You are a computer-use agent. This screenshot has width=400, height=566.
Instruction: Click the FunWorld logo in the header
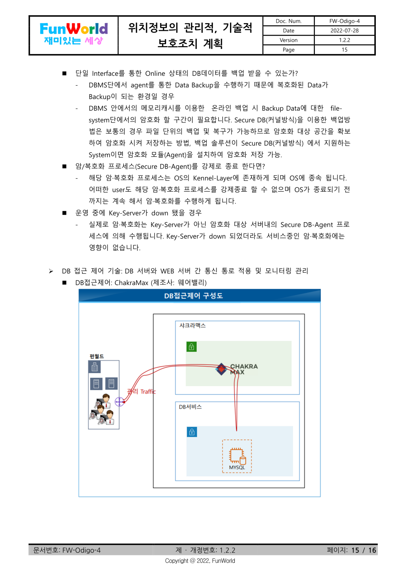73,34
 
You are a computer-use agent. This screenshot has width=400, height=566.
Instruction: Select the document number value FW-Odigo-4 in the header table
344,21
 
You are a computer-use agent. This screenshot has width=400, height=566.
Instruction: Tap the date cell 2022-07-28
344,31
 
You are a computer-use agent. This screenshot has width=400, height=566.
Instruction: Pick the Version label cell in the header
288,40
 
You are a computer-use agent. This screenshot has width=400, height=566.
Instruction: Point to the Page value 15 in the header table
344,50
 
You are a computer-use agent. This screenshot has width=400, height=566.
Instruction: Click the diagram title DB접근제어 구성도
193,296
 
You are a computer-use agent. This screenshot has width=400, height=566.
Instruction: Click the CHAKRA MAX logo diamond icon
221,368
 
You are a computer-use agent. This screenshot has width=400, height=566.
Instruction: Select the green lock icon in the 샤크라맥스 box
191,347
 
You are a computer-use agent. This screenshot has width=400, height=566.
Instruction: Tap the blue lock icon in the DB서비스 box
192,432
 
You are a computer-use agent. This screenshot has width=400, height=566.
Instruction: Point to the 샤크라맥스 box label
192,325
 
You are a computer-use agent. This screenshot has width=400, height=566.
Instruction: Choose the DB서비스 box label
190,407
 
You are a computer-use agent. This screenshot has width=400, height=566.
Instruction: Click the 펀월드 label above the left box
96,356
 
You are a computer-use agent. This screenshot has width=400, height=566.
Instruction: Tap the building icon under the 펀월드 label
95,367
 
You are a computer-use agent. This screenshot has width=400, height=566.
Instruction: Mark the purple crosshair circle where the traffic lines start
119,401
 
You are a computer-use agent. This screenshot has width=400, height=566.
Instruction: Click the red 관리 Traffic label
141,391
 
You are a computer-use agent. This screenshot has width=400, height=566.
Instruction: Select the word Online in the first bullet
155,74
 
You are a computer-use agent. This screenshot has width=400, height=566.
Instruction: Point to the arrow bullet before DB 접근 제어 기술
51,271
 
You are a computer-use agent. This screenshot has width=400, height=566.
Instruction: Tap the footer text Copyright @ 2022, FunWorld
200,561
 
